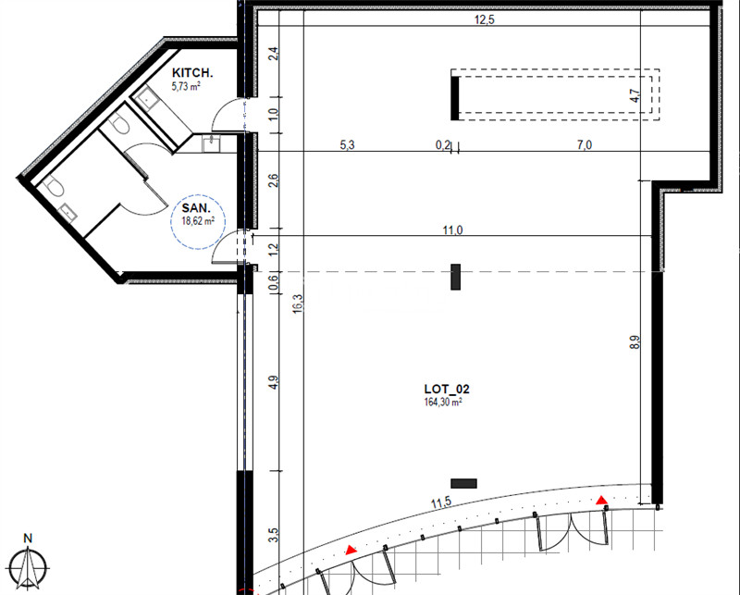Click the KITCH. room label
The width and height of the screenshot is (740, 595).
(193, 73)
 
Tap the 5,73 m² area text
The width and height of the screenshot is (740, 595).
(186, 86)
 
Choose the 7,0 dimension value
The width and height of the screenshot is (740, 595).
(584, 144)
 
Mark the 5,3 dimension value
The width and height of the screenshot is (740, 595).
(348, 144)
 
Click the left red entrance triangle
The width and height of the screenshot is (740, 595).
(351, 550)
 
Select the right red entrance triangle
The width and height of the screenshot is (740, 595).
(602, 501)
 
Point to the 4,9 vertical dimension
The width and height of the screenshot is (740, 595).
(273, 380)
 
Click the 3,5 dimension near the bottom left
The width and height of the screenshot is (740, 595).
(273, 534)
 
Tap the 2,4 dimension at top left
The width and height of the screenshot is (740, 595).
(273, 54)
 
